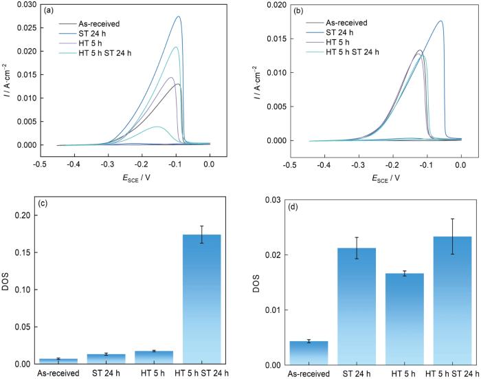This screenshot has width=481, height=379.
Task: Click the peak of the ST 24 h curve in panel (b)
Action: [x=440, y=21]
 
